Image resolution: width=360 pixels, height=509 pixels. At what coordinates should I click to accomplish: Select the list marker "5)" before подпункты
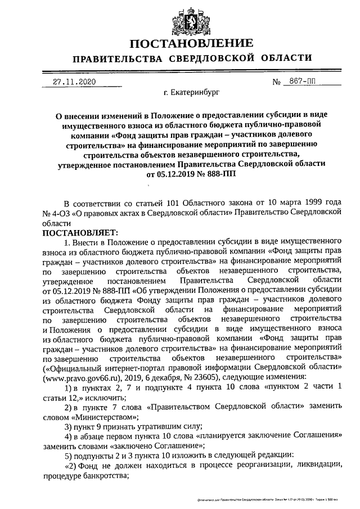(x=67, y=456)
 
